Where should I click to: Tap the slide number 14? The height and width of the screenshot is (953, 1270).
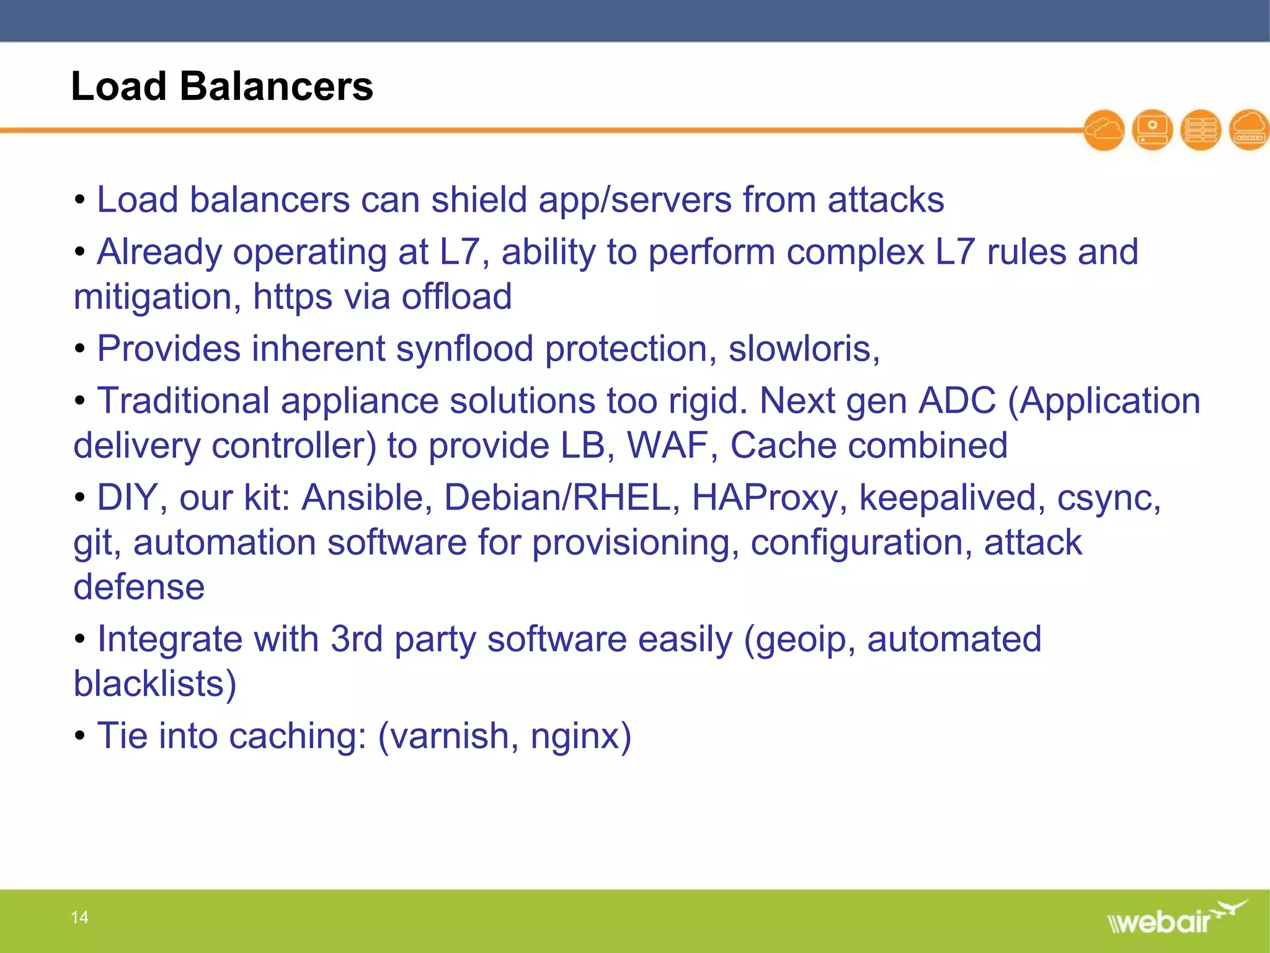pyautogui.click(x=79, y=917)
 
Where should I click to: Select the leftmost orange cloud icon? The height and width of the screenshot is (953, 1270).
pyautogui.click(x=1104, y=130)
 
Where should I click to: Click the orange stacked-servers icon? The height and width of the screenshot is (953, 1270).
pyautogui.click(x=1201, y=130)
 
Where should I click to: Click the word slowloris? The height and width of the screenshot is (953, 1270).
pyautogui.click(x=802, y=349)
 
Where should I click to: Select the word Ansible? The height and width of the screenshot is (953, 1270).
pyautogui.click(x=366, y=498)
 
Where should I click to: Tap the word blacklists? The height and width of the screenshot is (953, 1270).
pyautogui.click(x=149, y=684)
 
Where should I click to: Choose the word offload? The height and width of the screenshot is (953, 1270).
pyautogui.click(x=456, y=297)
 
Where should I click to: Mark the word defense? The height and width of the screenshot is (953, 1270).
pyautogui.click(x=139, y=587)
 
